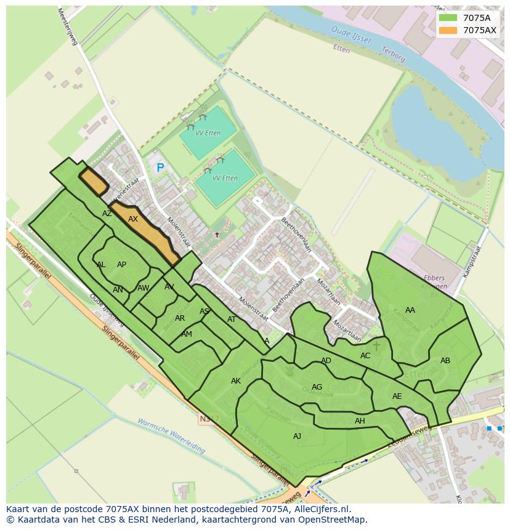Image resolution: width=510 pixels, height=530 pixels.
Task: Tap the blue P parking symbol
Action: click(160, 167)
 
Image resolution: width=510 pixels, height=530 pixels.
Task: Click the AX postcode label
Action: click(133, 219)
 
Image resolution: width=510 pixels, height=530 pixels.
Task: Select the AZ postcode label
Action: click(107, 214)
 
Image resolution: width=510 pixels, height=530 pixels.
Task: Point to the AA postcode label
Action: click(410, 310)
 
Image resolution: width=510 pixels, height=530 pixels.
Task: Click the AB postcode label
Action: click(445, 361)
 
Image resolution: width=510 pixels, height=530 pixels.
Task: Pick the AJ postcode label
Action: click(297, 436)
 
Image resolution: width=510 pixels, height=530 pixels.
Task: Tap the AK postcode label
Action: click(236, 381)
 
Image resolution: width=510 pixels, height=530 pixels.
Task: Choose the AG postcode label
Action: click(317, 387)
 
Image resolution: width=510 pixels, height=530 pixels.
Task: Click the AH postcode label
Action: click(360, 421)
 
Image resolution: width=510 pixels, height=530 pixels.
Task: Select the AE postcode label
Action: click(397, 396)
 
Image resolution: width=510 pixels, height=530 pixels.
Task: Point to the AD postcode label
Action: click(326, 361)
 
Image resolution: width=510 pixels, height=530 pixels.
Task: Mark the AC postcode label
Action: click(366, 356)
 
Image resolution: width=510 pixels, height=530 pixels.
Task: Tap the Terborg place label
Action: click(393, 55)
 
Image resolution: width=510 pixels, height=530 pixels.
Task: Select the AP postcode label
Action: click(122, 265)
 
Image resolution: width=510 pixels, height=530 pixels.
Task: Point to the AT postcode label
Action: click(232, 319)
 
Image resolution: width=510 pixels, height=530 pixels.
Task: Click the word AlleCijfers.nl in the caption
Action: click(320, 509)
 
